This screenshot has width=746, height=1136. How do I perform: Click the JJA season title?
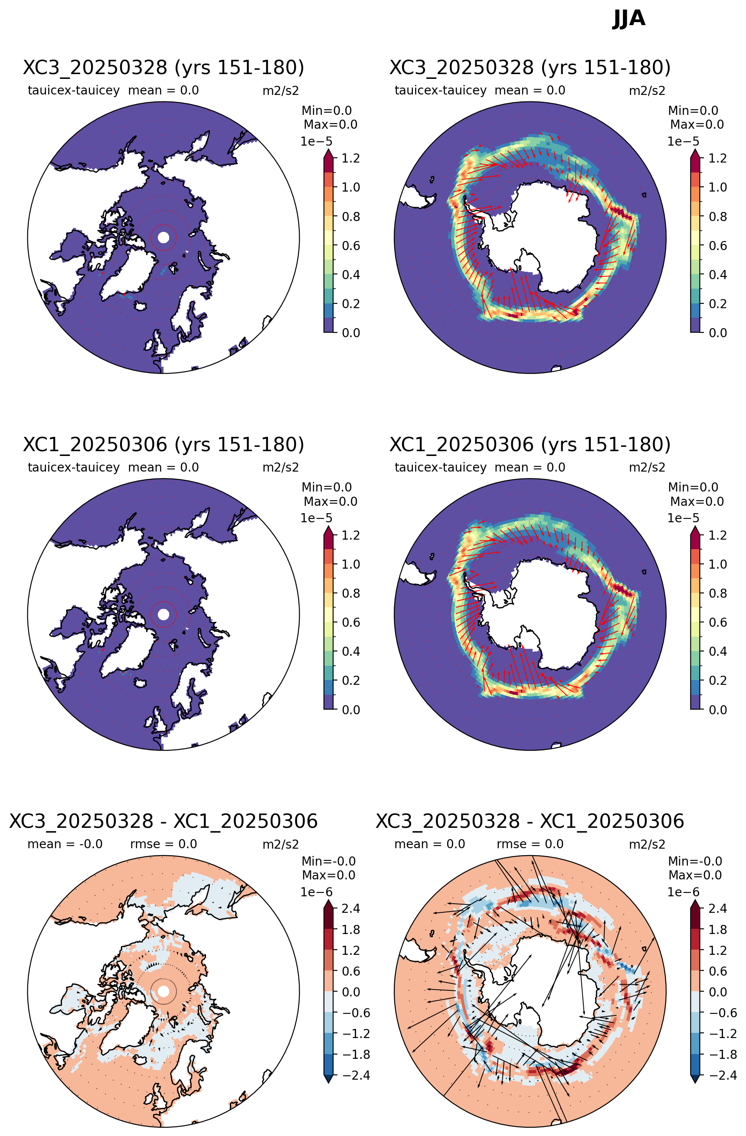(x=628, y=19)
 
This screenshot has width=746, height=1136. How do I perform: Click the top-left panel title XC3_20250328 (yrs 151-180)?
(x=164, y=68)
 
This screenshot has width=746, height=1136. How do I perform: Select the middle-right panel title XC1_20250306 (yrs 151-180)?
(x=530, y=444)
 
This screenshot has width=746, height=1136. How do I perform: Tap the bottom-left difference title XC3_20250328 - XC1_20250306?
(x=164, y=821)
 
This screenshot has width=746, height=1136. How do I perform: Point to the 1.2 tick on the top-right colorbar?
(x=717, y=159)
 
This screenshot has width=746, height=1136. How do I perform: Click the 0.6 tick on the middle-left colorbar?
(x=351, y=622)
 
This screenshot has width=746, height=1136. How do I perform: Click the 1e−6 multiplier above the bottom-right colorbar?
(x=683, y=892)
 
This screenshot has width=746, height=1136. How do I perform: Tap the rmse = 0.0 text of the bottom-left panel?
(x=164, y=844)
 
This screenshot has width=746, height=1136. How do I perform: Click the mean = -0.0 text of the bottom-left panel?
(x=65, y=844)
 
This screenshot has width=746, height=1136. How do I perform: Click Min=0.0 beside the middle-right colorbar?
(x=693, y=487)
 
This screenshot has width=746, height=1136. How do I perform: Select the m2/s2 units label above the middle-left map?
(x=281, y=467)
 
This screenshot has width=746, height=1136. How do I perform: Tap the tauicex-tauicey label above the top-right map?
(x=440, y=90)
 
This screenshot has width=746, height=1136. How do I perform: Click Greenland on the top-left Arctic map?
(x=128, y=271)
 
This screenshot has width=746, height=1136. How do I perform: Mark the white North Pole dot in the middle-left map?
(x=164, y=614)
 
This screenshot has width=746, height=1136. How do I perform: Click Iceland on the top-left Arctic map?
(x=140, y=306)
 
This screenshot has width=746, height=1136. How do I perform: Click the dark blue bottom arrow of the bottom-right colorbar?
(x=695, y=1080)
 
